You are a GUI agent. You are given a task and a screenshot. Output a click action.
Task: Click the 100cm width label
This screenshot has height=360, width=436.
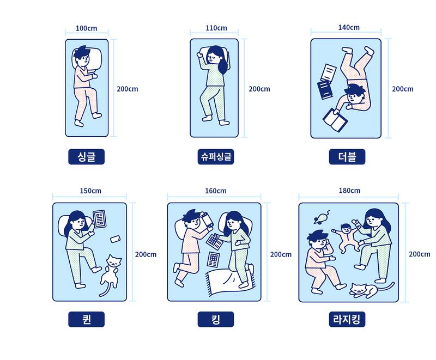click(86, 28)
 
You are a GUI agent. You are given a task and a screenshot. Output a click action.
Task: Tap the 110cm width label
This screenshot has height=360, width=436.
click(216, 28)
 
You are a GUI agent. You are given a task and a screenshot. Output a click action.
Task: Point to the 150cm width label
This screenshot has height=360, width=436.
click(90, 191)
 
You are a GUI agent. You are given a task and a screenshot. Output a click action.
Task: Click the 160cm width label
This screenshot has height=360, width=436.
click(215, 191)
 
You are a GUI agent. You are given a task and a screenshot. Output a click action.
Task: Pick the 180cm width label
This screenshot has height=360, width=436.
click(349, 191)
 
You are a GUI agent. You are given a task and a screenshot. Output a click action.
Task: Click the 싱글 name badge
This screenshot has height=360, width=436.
click(86, 157)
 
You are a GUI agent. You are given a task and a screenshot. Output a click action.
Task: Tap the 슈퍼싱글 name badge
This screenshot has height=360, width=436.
click(216, 157)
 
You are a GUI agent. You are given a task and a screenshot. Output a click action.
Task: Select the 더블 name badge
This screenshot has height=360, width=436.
click(347, 157)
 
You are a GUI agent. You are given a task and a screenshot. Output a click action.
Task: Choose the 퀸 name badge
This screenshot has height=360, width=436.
click(86, 319)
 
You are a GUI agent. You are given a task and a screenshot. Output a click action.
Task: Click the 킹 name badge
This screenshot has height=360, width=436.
click(215, 319)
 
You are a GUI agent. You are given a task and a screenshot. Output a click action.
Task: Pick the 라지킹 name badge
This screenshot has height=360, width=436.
click(347, 319)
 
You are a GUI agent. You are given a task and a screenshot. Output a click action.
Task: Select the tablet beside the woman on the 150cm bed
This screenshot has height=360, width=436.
click(100, 219)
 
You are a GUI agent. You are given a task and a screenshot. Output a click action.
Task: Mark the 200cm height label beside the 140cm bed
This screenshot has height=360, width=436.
click(403, 89)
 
